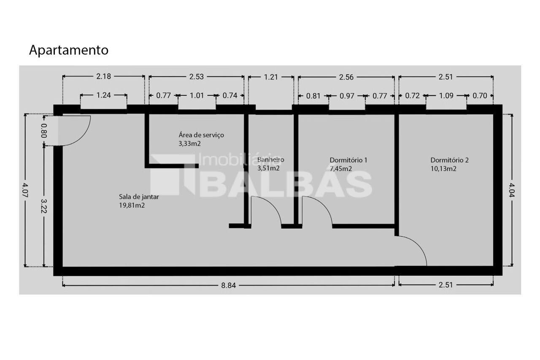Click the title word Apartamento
click(69, 50)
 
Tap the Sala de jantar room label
click(139, 197)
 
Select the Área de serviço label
click(201, 135)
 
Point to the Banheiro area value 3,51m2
click(268, 168)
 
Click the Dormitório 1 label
click(348, 160)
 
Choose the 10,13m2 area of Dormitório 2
click(443, 168)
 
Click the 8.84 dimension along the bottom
click(228, 285)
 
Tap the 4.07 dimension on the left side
click(25, 190)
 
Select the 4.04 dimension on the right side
click(512, 190)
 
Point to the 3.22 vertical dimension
click(44, 206)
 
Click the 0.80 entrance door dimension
click(44, 130)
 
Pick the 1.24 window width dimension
click(103, 95)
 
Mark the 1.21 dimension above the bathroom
click(271, 77)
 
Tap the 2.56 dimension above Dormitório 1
click(346, 77)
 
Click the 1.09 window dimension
click(446, 96)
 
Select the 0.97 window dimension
click(347, 96)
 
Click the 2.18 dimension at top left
click(103, 76)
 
